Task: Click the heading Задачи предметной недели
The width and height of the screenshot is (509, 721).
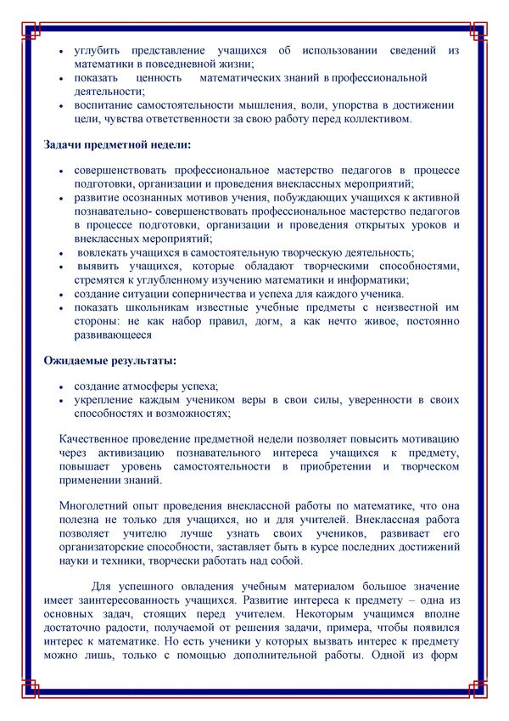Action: click(117, 144)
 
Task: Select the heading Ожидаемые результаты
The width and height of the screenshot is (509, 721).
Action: click(110, 361)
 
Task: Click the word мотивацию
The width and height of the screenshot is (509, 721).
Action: click(428, 439)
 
